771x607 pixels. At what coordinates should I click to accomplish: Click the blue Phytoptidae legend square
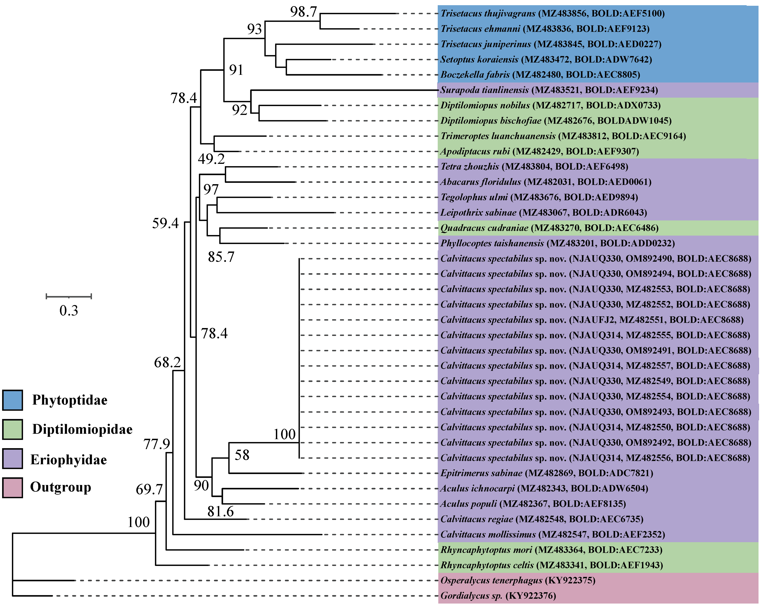coord(12,400)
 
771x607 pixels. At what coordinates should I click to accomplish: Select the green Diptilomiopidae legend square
coord(12,429)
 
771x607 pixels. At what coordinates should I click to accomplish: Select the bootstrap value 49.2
coord(211,158)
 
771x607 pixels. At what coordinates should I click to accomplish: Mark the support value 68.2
coord(167,362)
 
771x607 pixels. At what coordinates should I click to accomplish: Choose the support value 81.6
coord(220,511)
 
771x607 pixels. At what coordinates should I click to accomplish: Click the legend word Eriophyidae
coord(69,459)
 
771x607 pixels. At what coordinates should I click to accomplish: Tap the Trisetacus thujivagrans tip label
coord(552,13)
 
